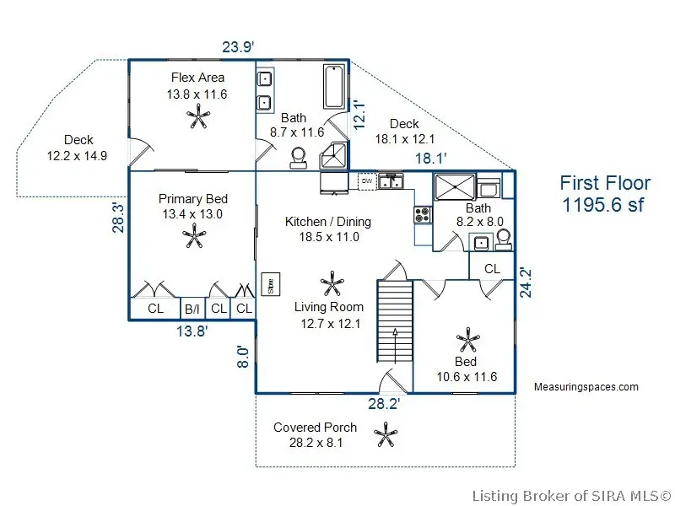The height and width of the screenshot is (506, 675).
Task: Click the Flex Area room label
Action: click(x=197, y=78)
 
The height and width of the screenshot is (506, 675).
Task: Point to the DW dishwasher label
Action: click(x=366, y=180)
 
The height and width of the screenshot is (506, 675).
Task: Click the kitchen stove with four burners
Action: click(x=423, y=215)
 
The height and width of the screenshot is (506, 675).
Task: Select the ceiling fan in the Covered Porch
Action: click(x=386, y=435)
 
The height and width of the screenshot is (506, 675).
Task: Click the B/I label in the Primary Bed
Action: click(x=192, y=310)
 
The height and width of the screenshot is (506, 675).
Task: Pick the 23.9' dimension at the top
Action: click(x=238, y=47)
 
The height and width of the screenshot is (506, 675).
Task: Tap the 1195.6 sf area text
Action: click(x=605, y=205)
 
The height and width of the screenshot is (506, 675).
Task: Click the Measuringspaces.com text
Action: click(x=586, y=387)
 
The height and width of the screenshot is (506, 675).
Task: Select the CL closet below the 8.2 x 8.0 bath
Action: click(x=491, y=268)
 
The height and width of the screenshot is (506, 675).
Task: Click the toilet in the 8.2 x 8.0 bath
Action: click(x=503, y=241)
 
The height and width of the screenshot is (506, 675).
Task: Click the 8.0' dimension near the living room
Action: click(x=243, y=356)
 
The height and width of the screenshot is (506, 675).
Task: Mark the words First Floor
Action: click(x=605, y=183)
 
